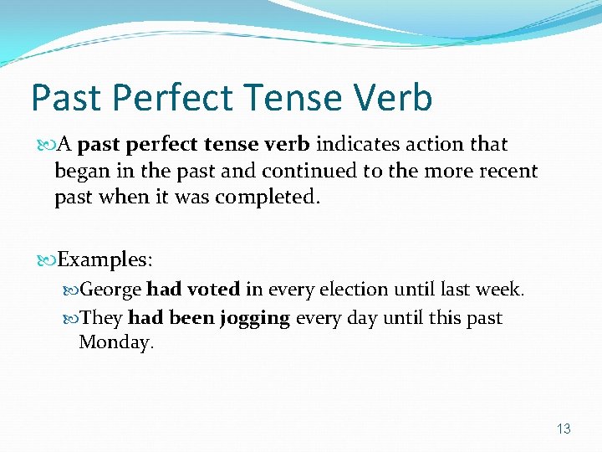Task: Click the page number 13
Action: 564,429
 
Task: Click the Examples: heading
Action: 105,259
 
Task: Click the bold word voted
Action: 213,290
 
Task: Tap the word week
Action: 498,290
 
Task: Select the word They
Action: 102,318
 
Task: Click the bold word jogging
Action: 254,318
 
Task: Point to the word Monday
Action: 116,342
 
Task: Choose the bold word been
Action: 191,318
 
